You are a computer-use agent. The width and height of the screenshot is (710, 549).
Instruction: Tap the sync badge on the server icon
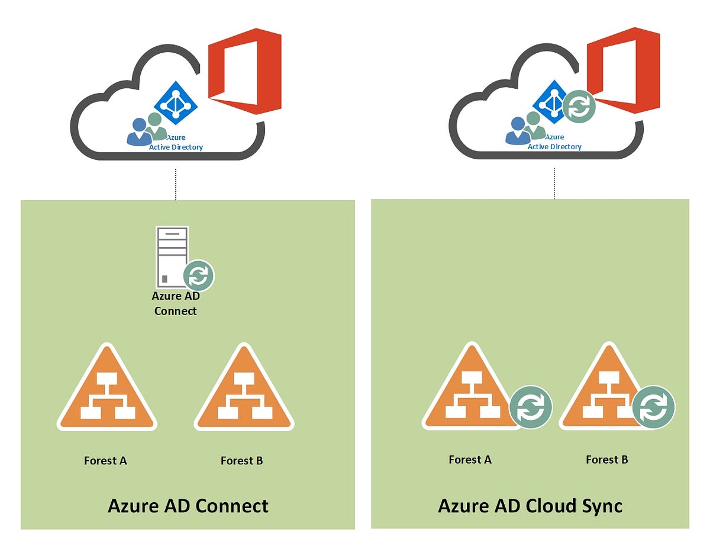coord(199,276)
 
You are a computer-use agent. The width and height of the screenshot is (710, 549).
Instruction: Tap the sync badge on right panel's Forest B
coord(653,407)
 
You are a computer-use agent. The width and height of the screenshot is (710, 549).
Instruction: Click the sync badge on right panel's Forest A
coord(531,407)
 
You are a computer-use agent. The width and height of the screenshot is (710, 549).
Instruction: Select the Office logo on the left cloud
coord(244,71)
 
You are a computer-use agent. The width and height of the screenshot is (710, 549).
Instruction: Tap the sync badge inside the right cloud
coord(579,107)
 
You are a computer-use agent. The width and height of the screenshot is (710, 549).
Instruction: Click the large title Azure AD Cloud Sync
coord(530,506)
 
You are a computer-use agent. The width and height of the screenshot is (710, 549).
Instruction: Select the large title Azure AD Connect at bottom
coord(188,506)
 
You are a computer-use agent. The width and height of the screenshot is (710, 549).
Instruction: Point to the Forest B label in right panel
coord(607,460)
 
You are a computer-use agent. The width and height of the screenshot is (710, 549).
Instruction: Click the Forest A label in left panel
coord(105,460)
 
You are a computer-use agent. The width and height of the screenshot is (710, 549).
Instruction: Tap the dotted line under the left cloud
coord(176,184)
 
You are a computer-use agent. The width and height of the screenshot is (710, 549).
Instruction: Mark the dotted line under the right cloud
coord(554,183)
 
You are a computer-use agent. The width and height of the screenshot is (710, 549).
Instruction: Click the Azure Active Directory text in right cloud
coord(554,146)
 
